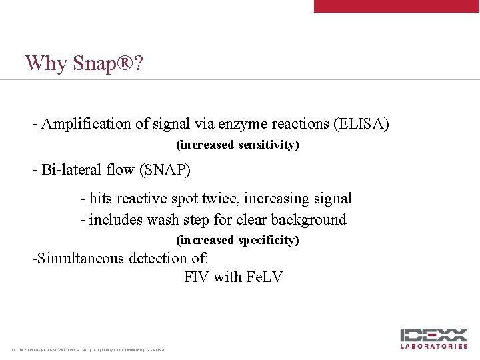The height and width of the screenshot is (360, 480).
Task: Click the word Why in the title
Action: tap(46, 64)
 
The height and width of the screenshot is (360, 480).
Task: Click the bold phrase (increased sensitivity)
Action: tap(237, 145)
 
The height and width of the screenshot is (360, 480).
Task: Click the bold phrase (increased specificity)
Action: tap(237, 240)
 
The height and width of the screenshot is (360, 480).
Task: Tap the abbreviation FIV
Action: tap(197, 277)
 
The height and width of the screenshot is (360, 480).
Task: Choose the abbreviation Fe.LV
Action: tap(264, 277)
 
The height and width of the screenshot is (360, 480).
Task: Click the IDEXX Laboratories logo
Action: tap(434, 338)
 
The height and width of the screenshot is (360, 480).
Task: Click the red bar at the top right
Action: tap(397, 6)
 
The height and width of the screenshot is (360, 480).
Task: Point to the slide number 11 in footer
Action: tap(13, 350)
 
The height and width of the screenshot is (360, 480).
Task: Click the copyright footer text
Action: tap(93, 350)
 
